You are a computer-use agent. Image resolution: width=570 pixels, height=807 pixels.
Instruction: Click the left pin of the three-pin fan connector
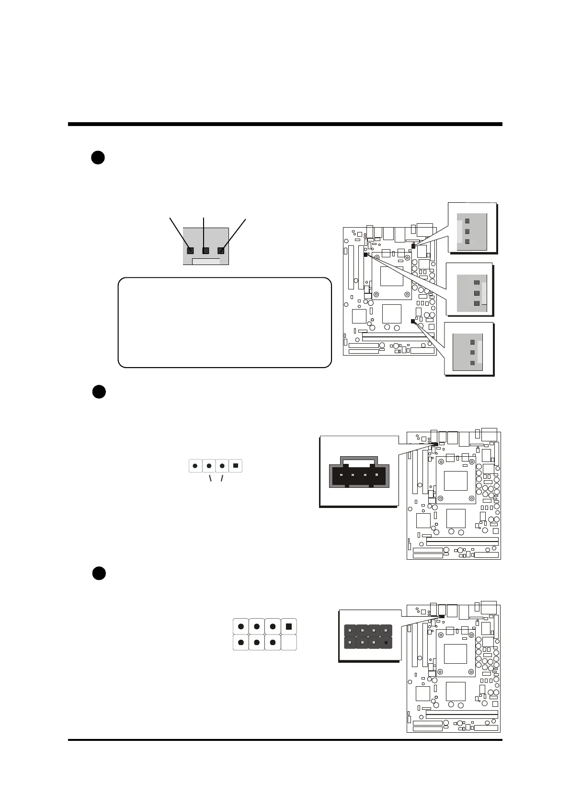pyautogui.click(x=190, y=251)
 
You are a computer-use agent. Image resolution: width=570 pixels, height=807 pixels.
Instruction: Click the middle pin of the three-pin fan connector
pyautogui.click(x=206, y=251)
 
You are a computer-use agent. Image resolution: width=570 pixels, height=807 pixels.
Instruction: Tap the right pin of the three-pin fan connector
pyautogui.click(x=221, y=251)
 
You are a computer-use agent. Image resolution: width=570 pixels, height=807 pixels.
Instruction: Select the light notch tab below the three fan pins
pyautogui.click(x=206, y=261)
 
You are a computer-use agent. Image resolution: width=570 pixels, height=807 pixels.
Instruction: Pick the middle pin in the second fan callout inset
pyautogui.click(x=476, y=293)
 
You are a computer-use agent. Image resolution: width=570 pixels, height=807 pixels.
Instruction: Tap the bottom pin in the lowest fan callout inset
pyautogui.click(x=472, y=363)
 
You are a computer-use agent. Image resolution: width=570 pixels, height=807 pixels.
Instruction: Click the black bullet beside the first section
pyautogui.click(x=98, y=158)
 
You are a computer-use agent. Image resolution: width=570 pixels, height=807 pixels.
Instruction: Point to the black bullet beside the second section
pyautogui.click(x=99, y=392)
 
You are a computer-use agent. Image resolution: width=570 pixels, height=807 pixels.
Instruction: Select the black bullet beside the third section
pyautogui.click(x=99, y=573)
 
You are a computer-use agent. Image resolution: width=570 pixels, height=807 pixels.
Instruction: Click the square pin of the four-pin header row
pyautogui.click(x=236, y=465)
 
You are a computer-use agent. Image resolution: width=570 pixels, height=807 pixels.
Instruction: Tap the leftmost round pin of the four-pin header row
pyautogui.click(x=195, y=465)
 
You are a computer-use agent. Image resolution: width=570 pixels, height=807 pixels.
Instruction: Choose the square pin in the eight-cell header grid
pyautogui.click(x=288, y=626)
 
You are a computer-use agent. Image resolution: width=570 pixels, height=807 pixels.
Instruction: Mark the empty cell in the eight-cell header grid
pyautogui.click(x=288, y=642)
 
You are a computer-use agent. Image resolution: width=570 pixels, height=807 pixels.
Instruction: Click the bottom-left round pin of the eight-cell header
pyautogui.click(x=240, y=642)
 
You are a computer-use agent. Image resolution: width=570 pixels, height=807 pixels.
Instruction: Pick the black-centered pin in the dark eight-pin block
pyautogui.click(x=386, y=642)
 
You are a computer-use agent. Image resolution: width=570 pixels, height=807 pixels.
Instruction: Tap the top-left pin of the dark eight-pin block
pyautogui.click(x=350, y=631)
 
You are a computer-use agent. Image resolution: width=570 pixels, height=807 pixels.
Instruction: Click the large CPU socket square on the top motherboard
pyautogui.click(x=391, y=276)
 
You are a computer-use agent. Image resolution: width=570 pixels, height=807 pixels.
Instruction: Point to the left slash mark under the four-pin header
pyautogui.click(x=210, y=479)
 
